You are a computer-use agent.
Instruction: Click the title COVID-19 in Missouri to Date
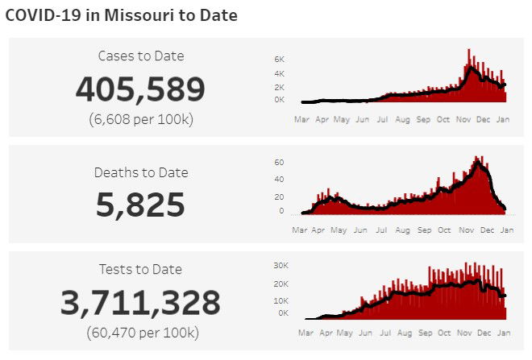click(122, 15)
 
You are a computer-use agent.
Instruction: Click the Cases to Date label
click(140, 56)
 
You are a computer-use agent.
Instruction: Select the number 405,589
click(140, 89)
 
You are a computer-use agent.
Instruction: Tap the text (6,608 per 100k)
click(140, 120)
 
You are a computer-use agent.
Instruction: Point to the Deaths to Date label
click(140, 172)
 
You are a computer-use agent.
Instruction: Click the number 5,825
click(140, 205)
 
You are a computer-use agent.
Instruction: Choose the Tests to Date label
click(140, 269)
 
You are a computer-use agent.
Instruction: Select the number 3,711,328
click(140, 303)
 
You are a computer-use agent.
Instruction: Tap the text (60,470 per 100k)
click(140, 332)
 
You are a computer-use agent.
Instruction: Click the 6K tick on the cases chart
click(279, 60)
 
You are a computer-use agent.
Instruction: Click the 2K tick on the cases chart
click(279, 87)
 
